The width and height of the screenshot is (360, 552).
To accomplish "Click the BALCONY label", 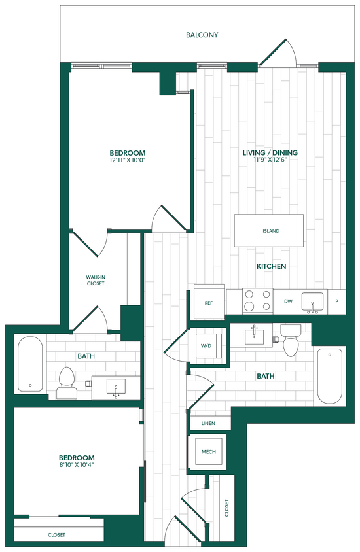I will point(201,35).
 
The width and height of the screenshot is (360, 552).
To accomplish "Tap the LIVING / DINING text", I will point(270,153).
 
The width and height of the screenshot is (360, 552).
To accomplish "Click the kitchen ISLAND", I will point(269,231).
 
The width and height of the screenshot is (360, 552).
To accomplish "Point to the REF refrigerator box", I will point(209,303).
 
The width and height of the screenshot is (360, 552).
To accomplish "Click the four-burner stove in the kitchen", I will point(257,302).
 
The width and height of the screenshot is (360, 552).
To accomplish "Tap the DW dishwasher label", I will point(287,302).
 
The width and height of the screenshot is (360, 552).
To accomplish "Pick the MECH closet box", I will point(208,452).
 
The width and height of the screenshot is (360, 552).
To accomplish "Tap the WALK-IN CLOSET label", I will point(96,281).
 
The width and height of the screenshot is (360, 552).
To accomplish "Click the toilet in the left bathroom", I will point(66,383).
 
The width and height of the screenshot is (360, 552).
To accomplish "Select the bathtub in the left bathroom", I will point(29,364).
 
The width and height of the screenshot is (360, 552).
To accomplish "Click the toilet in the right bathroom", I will point(289,340).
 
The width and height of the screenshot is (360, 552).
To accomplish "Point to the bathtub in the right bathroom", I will point(329,377).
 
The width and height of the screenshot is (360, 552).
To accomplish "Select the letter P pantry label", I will point(337,302).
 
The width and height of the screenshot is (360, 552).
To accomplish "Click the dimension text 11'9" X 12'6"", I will point(270,160).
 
